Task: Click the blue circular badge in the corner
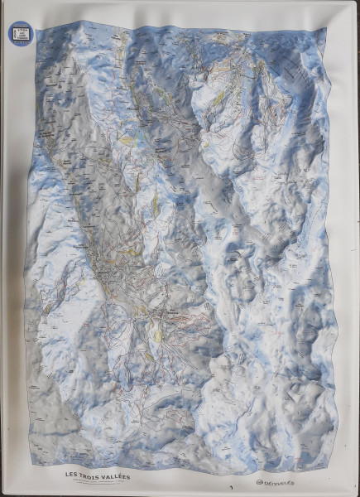[18, 34]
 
